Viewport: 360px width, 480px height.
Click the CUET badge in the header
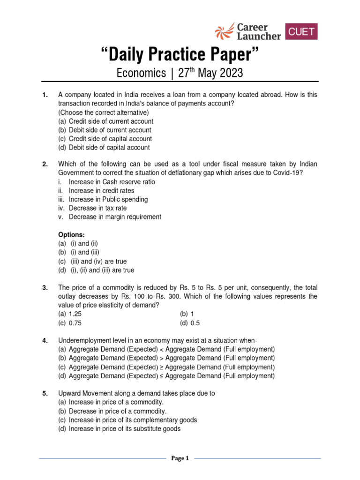tap(301, 31)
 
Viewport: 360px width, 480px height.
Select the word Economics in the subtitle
tap(141, 74)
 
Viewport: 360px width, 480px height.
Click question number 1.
tap(45, 95)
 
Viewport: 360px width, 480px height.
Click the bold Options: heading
tap(71, 235)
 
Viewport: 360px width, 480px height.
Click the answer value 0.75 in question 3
tap(78, 323)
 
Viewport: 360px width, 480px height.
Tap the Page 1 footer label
tap(180, 458)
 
